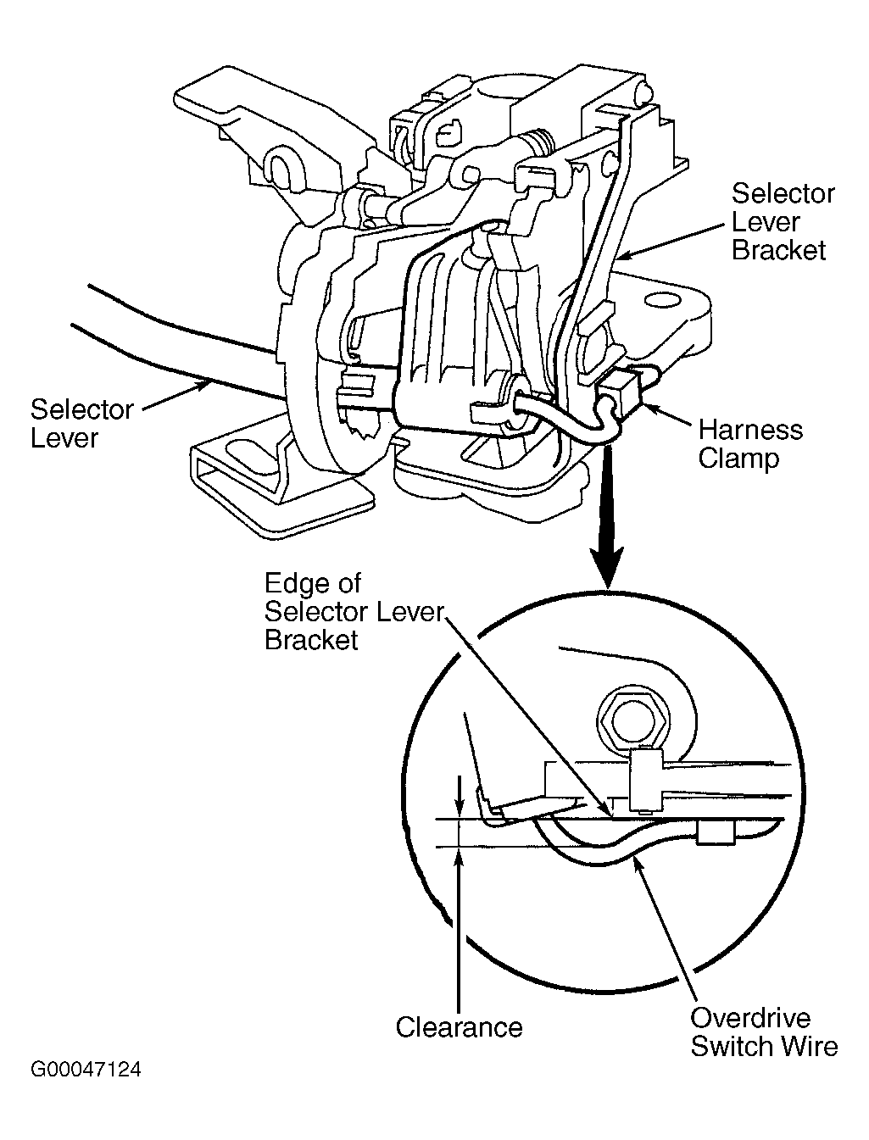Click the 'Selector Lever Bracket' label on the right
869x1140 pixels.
783,222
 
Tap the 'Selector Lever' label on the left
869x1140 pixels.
81,423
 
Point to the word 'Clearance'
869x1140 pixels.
459,1026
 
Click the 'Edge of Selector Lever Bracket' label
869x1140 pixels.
354,611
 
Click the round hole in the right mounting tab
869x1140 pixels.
657,301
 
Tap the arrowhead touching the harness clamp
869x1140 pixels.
650,408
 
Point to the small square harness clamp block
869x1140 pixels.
620,393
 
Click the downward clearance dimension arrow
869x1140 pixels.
460,798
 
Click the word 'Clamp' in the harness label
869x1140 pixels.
738,459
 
